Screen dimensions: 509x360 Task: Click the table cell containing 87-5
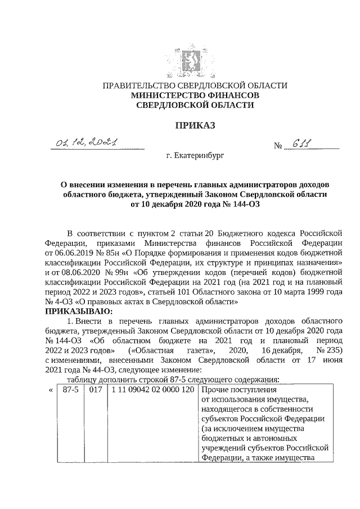(x=70, y=390)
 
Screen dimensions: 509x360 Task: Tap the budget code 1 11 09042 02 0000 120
(x=152, y=390)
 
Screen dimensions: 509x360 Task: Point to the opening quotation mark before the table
(x=51, y=390)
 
